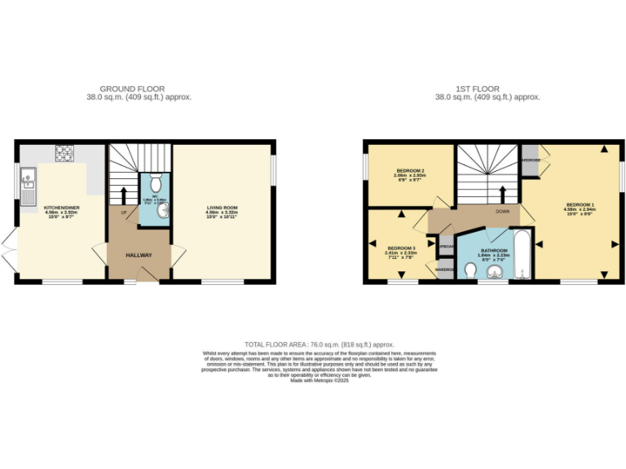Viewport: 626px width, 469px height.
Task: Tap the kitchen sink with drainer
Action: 28,185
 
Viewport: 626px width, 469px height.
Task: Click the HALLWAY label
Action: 139,256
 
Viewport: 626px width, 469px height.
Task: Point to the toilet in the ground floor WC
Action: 155,184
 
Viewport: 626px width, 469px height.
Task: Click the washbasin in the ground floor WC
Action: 163,210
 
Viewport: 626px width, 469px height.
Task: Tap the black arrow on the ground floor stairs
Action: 124,195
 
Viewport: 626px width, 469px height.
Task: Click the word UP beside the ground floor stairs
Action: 124,213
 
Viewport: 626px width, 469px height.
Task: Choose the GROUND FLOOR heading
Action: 132,88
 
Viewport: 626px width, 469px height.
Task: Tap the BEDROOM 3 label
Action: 401,248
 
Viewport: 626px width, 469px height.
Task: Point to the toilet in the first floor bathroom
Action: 469,269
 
